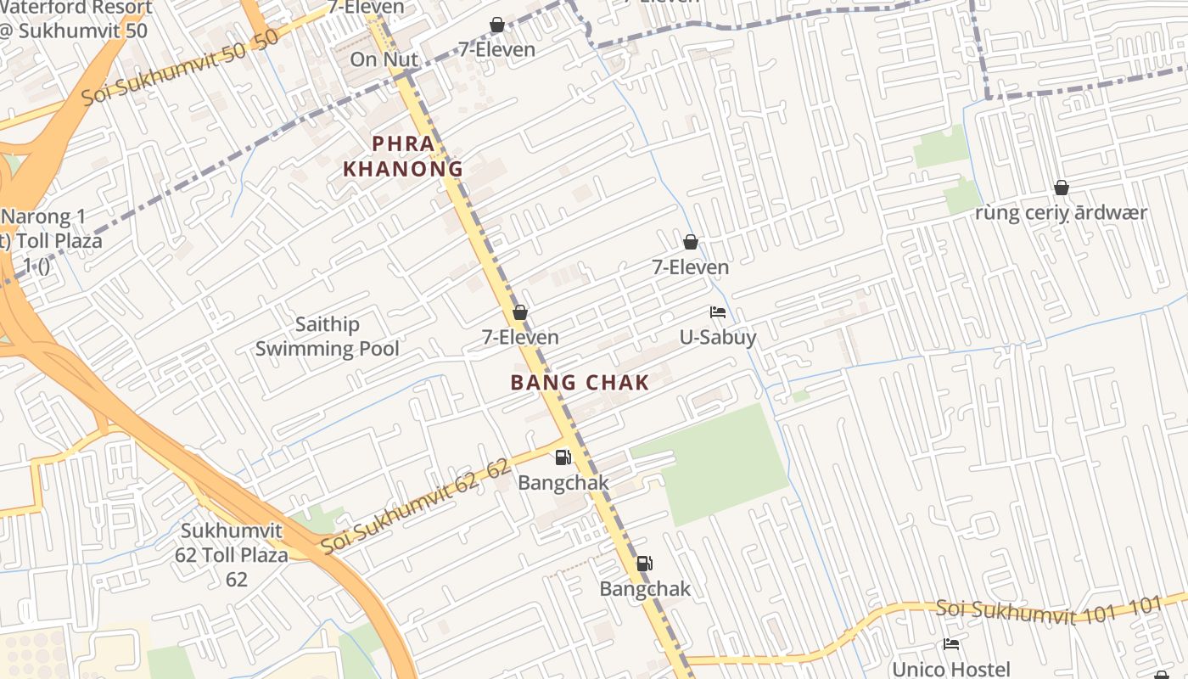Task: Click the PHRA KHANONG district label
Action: (403, 156)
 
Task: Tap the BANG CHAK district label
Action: (580, 383)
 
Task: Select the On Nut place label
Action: (384, 59)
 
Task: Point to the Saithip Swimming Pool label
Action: (328, 336)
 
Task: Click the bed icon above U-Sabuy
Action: (718, 312)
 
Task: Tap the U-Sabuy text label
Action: (718, 338)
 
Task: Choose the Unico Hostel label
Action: (950, 669)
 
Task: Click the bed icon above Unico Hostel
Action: (951, 644)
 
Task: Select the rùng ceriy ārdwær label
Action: (1061, 213)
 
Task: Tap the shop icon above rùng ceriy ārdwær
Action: (1061, 188)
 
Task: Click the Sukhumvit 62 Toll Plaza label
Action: (234, 555)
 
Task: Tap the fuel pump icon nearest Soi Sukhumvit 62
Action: (563, 457)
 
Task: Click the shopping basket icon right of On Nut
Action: (497, 25)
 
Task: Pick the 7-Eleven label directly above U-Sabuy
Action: (690, 267)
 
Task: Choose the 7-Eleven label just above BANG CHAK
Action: (520, 337)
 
